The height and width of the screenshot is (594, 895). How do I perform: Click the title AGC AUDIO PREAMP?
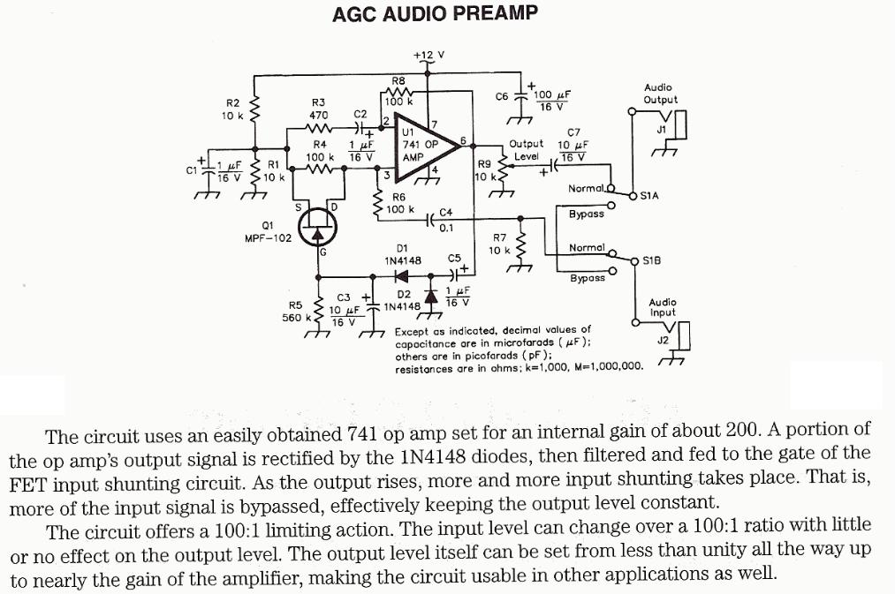(434, 14)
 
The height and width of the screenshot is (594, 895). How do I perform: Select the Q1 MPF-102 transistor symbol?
(317, 231)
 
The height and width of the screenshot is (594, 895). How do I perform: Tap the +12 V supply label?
(429, 55)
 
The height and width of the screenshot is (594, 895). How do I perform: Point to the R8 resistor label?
(398, 81)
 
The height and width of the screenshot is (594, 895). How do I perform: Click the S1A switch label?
(649, 195)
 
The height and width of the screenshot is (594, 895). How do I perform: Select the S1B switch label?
(652, 260)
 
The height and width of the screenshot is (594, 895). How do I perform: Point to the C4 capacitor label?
(445, 213)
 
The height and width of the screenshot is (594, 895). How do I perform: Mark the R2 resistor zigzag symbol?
(255, 109)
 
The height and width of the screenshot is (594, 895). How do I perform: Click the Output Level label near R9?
(527, 150)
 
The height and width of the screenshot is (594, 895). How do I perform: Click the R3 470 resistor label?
(319, 109)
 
